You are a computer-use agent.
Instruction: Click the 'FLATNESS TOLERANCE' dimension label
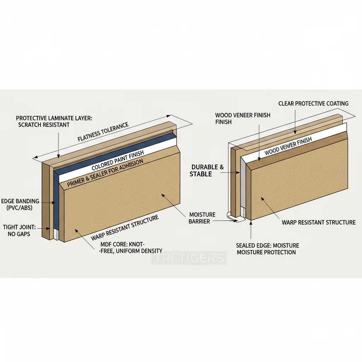(103, 132)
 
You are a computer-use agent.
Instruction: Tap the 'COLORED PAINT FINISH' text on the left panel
(117, 163)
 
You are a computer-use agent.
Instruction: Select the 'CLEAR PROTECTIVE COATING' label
(313, 104)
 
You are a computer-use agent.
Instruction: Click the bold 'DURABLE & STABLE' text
(206, 170)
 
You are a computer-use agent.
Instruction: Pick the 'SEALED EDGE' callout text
(267, 249)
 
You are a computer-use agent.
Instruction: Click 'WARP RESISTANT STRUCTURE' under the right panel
(318, 222)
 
